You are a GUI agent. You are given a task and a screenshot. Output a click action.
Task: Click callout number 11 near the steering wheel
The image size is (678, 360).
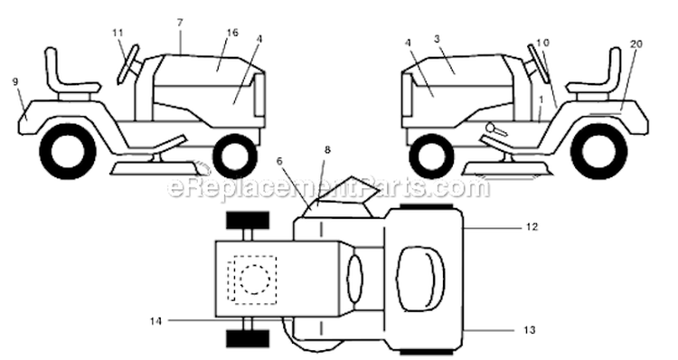click(118, 33)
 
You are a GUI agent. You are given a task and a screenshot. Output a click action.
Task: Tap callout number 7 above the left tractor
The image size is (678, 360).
click(180, 23)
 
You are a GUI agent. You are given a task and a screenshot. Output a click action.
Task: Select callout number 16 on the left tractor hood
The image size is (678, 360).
click(232, 33)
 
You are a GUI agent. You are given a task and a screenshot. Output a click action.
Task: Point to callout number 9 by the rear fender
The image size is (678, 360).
click(15, 81)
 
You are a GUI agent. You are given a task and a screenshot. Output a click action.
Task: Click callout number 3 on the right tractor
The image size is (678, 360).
click(437, 39)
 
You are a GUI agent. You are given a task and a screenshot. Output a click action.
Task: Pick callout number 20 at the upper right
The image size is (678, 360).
click(636, 43)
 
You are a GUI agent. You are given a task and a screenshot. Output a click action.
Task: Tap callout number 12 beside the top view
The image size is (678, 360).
click(532, 227)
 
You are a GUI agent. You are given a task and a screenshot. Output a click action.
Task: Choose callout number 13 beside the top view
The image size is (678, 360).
click(529, 330)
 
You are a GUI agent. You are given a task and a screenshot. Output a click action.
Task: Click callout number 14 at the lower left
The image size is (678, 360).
click(155, 321)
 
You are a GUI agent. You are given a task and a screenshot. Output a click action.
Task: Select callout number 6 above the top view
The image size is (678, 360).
click(279, 161)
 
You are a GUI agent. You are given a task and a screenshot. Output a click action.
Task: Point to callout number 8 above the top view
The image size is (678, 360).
click(327, 150)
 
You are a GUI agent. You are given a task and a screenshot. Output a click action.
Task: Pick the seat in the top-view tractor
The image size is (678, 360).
click(420, 279)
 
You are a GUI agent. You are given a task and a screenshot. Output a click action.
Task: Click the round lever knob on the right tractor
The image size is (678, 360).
click(492, 128)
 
